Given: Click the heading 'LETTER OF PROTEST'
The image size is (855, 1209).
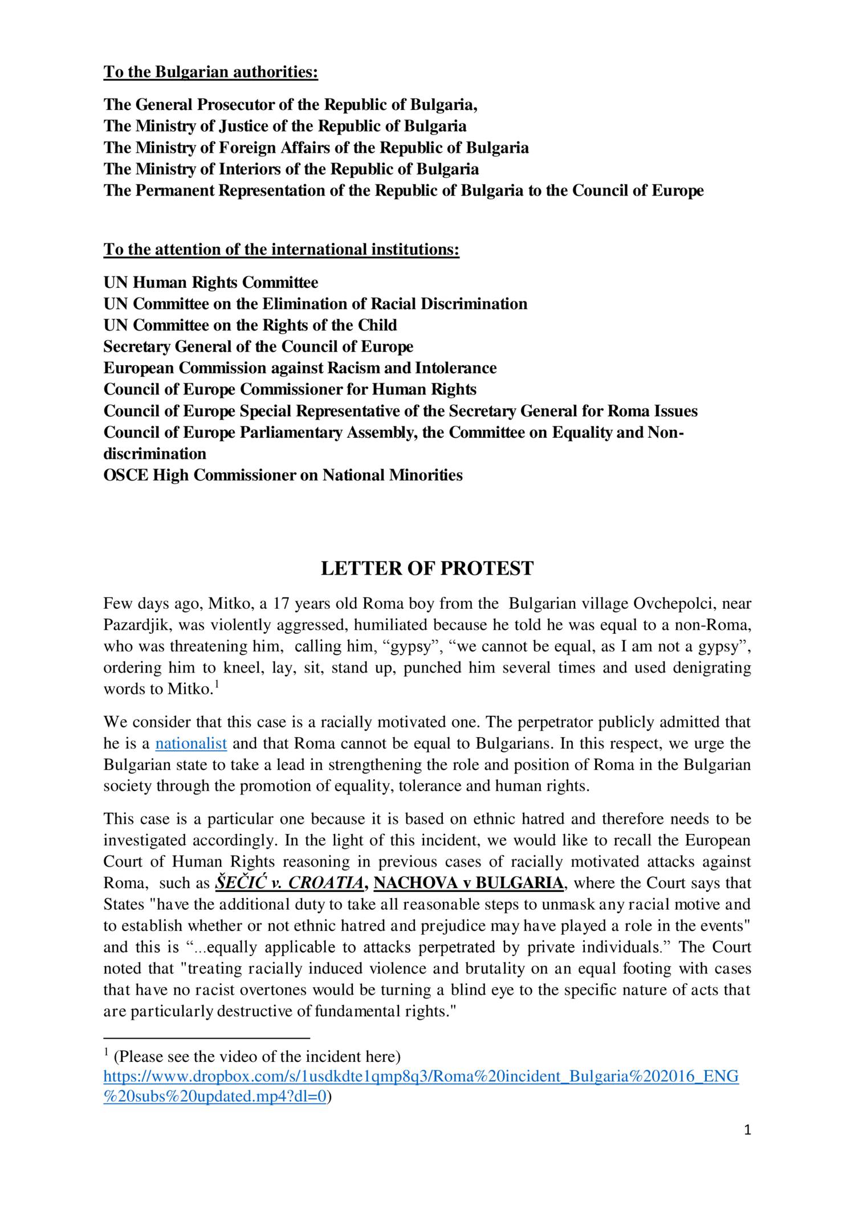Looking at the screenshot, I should click(x=427, y=568).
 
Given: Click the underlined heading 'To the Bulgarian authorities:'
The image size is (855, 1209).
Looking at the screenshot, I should click(x=210, y=72).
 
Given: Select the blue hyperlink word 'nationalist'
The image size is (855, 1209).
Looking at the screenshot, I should click(x=191, y=743).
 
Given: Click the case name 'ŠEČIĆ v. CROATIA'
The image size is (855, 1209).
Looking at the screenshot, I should click(x=289, y=883).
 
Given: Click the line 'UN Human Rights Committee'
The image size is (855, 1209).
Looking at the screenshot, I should click(x=210, y=282).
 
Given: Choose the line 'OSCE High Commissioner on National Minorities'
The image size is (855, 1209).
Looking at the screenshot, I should click(x=283, y=475).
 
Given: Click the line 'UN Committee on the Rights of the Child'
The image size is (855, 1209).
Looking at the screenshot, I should click(x=250, y=325).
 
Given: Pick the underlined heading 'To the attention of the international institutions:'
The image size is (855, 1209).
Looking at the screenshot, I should click(x=281, y=250).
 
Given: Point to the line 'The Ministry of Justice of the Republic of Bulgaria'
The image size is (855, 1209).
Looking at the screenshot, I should click(x=284, y=126).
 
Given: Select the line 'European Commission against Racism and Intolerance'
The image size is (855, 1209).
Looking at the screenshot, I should click(x=300, y=368).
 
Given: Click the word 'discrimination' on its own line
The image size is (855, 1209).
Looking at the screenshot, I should click(x=154, y=454).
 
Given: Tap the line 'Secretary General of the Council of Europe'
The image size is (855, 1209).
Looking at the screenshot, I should click(x=258, y=347).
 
